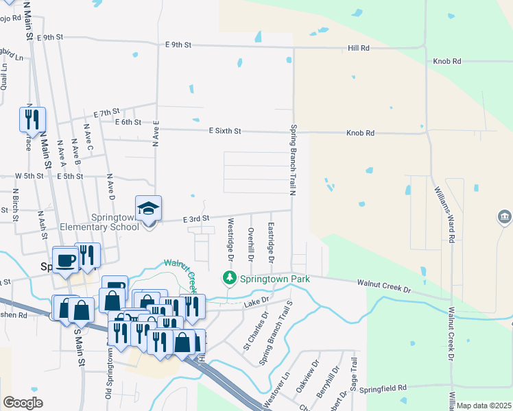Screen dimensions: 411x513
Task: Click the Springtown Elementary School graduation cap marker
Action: click(x=148, y=209)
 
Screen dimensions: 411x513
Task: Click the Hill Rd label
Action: click(x=358, y=49)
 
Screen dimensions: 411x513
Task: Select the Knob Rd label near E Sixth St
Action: click(x=360, y=133)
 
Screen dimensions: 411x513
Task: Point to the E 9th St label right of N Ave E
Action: click(x=178, y=45)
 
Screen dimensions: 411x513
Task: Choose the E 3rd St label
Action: click(x=195, y=218)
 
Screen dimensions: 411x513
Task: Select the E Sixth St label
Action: click(x=226, y=130)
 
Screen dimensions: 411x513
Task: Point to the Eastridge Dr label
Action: click(x=272, y=243)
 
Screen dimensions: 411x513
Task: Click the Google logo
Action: click(x=23, y=403)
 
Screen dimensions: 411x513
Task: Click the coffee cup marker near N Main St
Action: click(x=66, y=260)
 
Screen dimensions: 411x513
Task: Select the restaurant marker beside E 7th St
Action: click(x=32, y=119)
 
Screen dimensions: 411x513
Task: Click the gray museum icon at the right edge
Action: click(x=505, y=218)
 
